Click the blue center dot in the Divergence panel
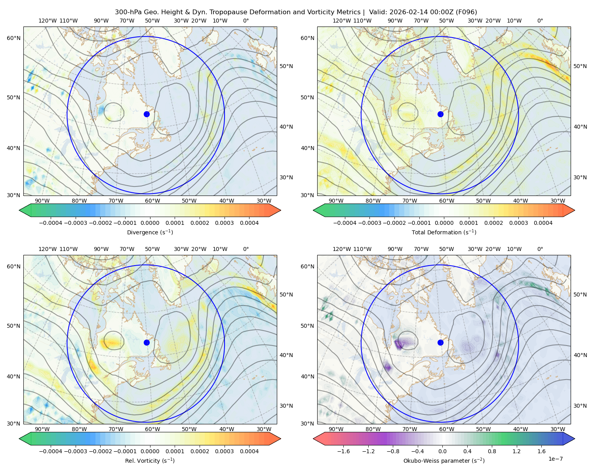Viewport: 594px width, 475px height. (x=147, y=114)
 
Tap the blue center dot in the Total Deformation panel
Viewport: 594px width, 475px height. (x=440, y=114)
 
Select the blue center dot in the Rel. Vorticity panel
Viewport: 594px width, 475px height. (x=147, y=342)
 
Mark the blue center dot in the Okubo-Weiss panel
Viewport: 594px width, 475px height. (x=440, y=342)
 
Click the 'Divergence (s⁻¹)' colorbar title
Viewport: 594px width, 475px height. (x=150, y=232)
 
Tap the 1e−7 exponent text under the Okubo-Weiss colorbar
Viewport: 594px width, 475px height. (x=555, y=459)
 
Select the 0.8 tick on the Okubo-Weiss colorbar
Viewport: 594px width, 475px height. (x=492, y=451)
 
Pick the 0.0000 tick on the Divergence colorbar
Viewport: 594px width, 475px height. (x=150, y=223)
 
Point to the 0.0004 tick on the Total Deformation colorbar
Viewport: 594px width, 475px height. (x=543, y=223)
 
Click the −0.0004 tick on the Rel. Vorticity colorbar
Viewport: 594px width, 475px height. (x=51, y=451)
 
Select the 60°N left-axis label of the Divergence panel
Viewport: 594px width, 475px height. (x=14, y=38)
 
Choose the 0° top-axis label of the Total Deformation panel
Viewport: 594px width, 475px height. (x=540, y=21)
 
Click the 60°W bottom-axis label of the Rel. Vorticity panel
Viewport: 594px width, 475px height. (x=152, y=429)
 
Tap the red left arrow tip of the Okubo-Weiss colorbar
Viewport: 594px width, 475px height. (x=314, y=439)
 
